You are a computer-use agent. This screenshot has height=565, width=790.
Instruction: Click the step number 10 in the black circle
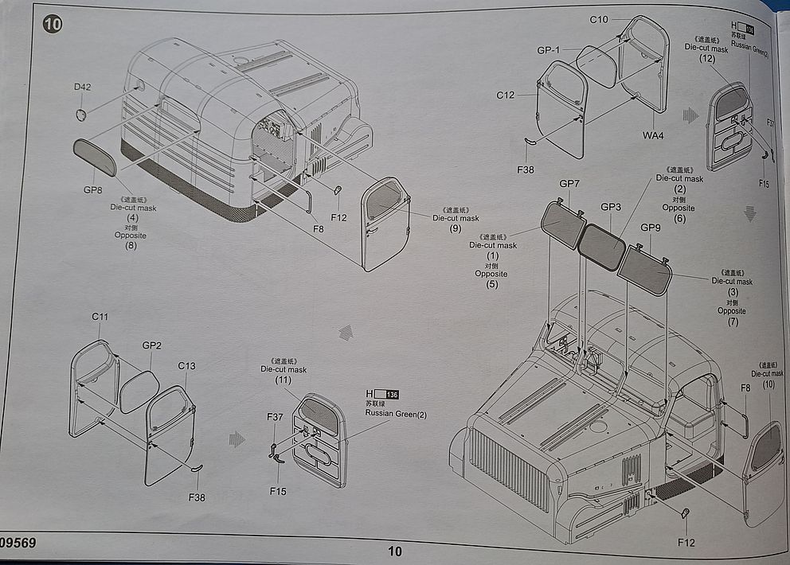click(x=53, y=23)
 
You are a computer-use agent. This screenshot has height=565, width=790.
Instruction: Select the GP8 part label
click(x=93, y=190)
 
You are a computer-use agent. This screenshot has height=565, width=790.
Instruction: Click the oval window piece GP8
click(x=95, y=157)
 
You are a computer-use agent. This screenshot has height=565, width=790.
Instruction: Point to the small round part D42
click(x=81, y=115)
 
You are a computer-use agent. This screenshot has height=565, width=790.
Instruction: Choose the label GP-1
click(x=548, y=50)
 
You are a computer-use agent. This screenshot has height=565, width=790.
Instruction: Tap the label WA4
click(x=653, y=135)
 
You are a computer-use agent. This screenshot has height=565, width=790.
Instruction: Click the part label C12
click(x=506, y=95)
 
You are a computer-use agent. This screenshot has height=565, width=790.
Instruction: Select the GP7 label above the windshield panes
click(x=569, y=184)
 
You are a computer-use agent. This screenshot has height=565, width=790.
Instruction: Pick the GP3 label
click(x=611, y=207)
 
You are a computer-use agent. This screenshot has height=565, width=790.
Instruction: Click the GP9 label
click(x=651, y=228)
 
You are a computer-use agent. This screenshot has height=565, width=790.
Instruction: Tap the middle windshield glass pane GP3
click(x=602, y=246)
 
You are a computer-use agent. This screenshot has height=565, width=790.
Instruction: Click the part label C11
click(x=100, y=316)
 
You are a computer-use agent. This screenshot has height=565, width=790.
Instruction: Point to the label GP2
click(x=151, y=345)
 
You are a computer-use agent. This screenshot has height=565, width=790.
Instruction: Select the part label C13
click(x=186, y=366)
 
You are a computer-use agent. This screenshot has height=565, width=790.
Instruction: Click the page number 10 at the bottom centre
click(x=395, y=551)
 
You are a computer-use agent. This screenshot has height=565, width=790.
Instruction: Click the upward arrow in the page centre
click(x=346, y=333)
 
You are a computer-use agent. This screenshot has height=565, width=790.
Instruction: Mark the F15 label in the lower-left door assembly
click(x=277, y=491)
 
